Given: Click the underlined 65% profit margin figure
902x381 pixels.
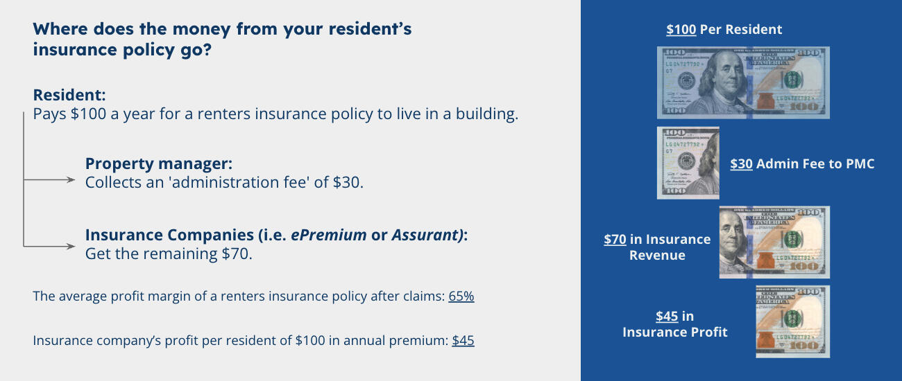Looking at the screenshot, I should [461, 296].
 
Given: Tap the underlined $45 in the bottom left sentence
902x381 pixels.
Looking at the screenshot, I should [463, 341].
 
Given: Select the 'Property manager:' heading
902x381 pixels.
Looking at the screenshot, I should [158, 164].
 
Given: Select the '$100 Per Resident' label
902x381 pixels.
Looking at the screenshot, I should [724, 30].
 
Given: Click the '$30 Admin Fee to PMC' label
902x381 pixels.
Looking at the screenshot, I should [802, 164].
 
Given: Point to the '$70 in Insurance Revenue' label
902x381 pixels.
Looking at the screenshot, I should [657, 247].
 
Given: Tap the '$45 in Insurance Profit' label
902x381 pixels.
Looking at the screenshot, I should [674, 324].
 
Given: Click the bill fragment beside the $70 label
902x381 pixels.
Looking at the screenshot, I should [774, 242].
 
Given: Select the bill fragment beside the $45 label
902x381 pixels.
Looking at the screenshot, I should [792, 321].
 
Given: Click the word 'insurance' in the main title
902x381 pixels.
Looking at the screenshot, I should [76, 51].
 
